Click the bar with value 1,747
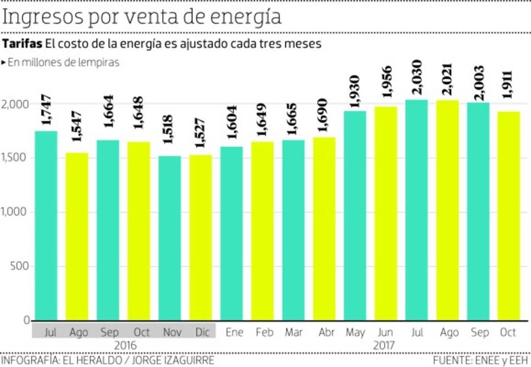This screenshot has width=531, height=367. [x=46, y=225]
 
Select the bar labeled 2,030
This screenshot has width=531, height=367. [x=416, y=210]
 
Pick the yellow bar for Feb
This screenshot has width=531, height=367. [x=262, y=231]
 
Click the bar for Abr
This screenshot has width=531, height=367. [x=324, y=228]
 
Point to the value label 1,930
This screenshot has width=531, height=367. [x=355, y=91]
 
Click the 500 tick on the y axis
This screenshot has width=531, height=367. [x=20, y=267]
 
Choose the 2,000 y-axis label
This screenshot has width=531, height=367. [x=16, y=104]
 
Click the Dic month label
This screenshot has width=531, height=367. [x=203, y=332]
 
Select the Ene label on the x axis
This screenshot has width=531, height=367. [x=234, y=332]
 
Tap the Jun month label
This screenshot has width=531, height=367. [x=386, y=332]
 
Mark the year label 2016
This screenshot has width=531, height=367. [x=125, y=345]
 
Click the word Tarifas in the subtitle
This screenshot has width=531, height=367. [x=23, y=44]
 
